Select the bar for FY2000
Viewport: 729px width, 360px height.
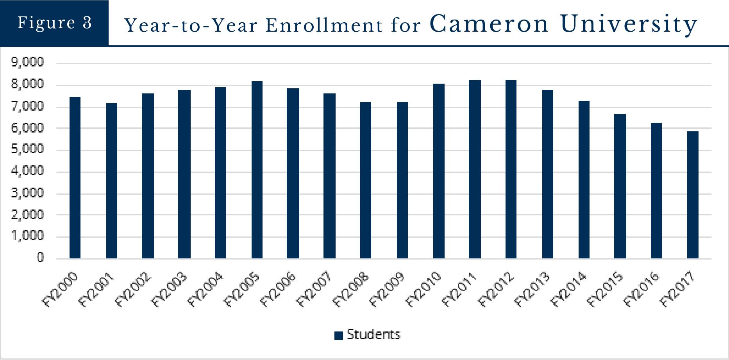tap(75, 178)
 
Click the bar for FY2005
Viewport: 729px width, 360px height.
tap(257, 170)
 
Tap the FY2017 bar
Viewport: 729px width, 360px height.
tap(693, 195)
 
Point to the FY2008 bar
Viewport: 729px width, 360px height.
tap(365, 180)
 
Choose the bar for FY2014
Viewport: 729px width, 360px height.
tap(584, 180)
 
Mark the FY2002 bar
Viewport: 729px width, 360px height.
tap(148, 176)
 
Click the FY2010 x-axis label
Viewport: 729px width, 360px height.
tap(424, 289)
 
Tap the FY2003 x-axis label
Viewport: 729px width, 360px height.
tap(170, 289)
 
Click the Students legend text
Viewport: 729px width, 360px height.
tap(373, 335)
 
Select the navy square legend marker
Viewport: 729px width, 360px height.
tap(338, 335)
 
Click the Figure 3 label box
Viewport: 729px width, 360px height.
tap(54, 23)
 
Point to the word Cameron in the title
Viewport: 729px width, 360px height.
tap(489, 24)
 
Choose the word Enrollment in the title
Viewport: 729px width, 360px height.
tap(324, 26)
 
